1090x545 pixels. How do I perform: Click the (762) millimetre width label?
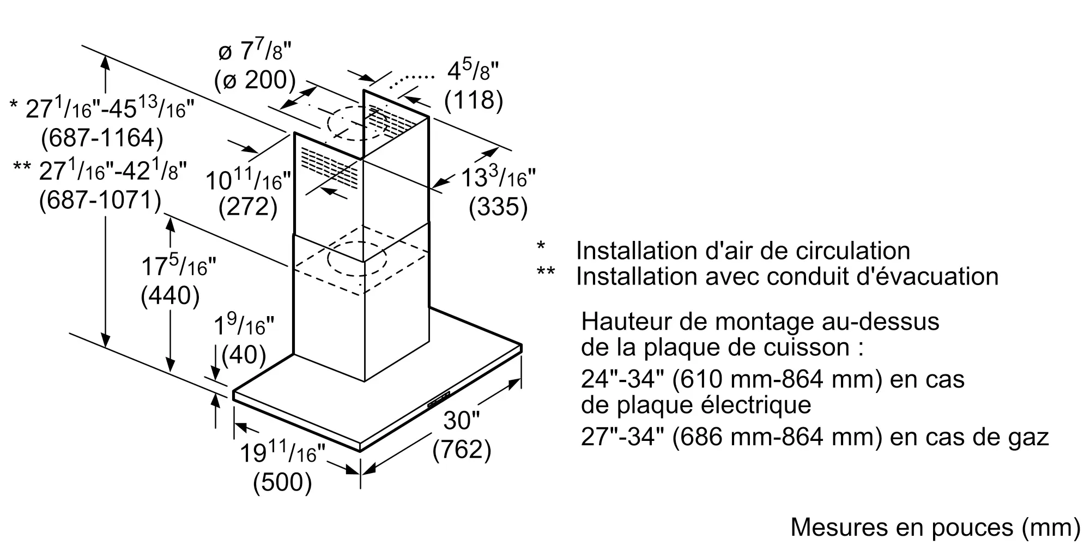tap(462, 450)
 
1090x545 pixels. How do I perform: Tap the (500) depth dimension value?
tap(282, 483)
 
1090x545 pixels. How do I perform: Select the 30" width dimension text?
tap(461, 420)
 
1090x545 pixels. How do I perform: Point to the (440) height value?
tap(170, 296)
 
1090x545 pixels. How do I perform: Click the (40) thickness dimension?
tap(244, 355)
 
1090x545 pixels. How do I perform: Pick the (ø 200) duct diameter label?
tap(255, 81)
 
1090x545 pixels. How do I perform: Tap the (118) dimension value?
tap(474, 100)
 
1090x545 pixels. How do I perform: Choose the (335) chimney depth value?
tap(498, 208)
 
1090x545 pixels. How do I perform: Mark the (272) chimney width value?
tap(248, 208)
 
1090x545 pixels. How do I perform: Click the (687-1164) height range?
tap(102, 138)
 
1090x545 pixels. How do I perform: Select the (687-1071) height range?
tap(100, 201)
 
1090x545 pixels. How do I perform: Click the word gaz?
tap(1028, 437)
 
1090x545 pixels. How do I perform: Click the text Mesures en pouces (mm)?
tap(935, 527)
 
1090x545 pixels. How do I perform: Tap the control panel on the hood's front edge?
tap(439, 399)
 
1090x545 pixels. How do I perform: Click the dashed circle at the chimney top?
tap(357, 123)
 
